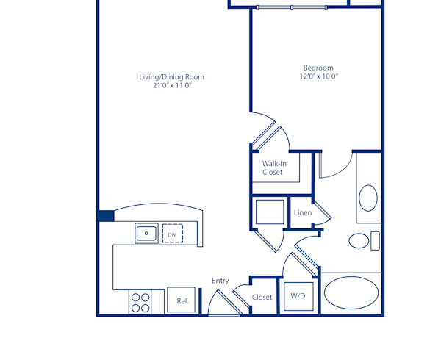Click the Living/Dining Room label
coord(172,76)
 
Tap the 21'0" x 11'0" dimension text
coord(172,86)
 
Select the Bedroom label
coord(318,68)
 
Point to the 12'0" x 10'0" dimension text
coord(318,76)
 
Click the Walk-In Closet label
coord(273,168)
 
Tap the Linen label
coord(302,213)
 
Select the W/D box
coord(298,297)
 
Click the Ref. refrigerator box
coord(182,300)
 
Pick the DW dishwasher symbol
coord(172,234)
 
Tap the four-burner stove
coord(140,303)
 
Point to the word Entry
coord(220,281)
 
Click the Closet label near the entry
coord(262,298)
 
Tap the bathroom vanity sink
coord(367,198)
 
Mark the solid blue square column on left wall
coord(106,215)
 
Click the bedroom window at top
coord(292,7)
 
